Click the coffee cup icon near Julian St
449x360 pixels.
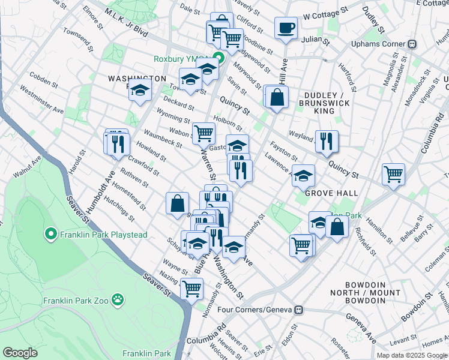coord(286,28)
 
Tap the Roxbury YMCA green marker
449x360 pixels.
coord(219,59)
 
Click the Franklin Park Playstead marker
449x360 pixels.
coord(50,234)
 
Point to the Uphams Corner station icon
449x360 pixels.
coord(412,44)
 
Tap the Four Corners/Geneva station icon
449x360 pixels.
coord(297,310)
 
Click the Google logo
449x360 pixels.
coord(20,352)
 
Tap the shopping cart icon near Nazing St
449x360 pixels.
coord(191,288)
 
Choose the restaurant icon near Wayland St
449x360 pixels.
coord(327,140)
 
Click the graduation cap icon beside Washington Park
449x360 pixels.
coord(140,91)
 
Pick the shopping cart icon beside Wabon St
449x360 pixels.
coord(203,132)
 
